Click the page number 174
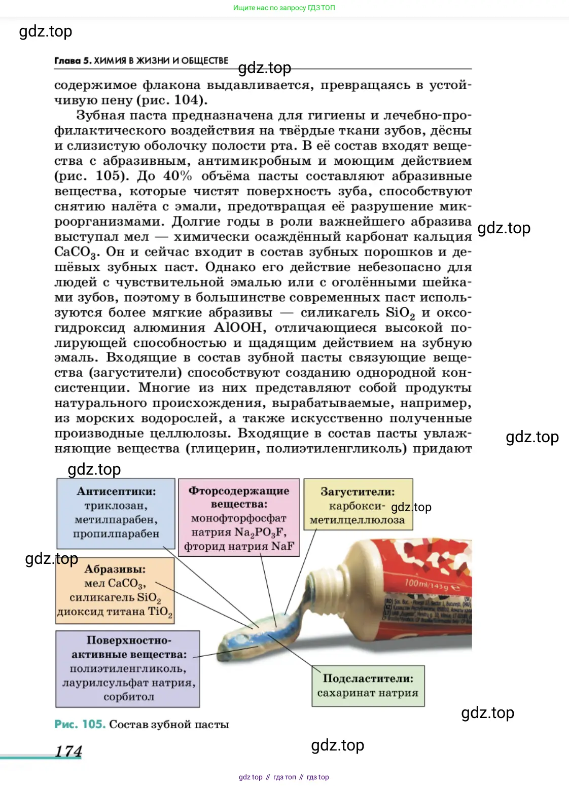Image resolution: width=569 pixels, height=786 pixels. tap(68, 751)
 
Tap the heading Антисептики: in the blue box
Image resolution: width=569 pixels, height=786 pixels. tap(116, 491)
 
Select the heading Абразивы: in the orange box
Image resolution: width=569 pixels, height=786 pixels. tap(115, 569)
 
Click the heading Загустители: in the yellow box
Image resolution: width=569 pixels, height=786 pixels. tap(358, 491)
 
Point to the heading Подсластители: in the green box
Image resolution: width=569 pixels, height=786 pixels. tap(368, 678)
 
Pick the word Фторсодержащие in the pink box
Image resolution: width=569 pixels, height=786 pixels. tap(239, 491)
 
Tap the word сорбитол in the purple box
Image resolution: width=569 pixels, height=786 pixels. tap(129, 697)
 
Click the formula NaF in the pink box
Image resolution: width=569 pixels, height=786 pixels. tap(282, 546)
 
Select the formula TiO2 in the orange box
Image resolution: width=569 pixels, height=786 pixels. tap(160, 612)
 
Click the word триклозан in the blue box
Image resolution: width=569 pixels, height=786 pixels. tap(116, 506)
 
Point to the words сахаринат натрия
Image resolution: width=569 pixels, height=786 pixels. tap(368, 693)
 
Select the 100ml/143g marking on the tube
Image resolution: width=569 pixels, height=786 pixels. tap(426, 585)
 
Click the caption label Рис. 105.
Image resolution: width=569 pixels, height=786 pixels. tap(80, 724)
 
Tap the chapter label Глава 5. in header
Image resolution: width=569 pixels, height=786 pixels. tap(73, 61)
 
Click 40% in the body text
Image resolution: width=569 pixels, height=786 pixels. tap(177, 176)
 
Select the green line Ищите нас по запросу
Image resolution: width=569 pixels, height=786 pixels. tap(284, 8)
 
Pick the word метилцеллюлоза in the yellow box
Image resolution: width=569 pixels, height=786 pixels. tap(358, 520)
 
